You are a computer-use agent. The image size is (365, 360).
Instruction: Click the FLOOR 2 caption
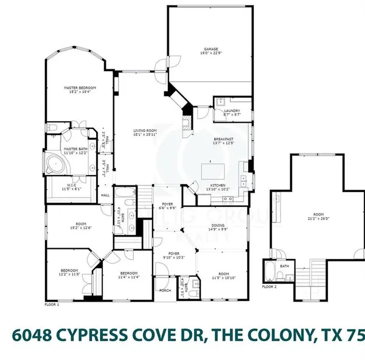269,286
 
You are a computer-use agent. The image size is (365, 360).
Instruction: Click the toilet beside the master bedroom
52,128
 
